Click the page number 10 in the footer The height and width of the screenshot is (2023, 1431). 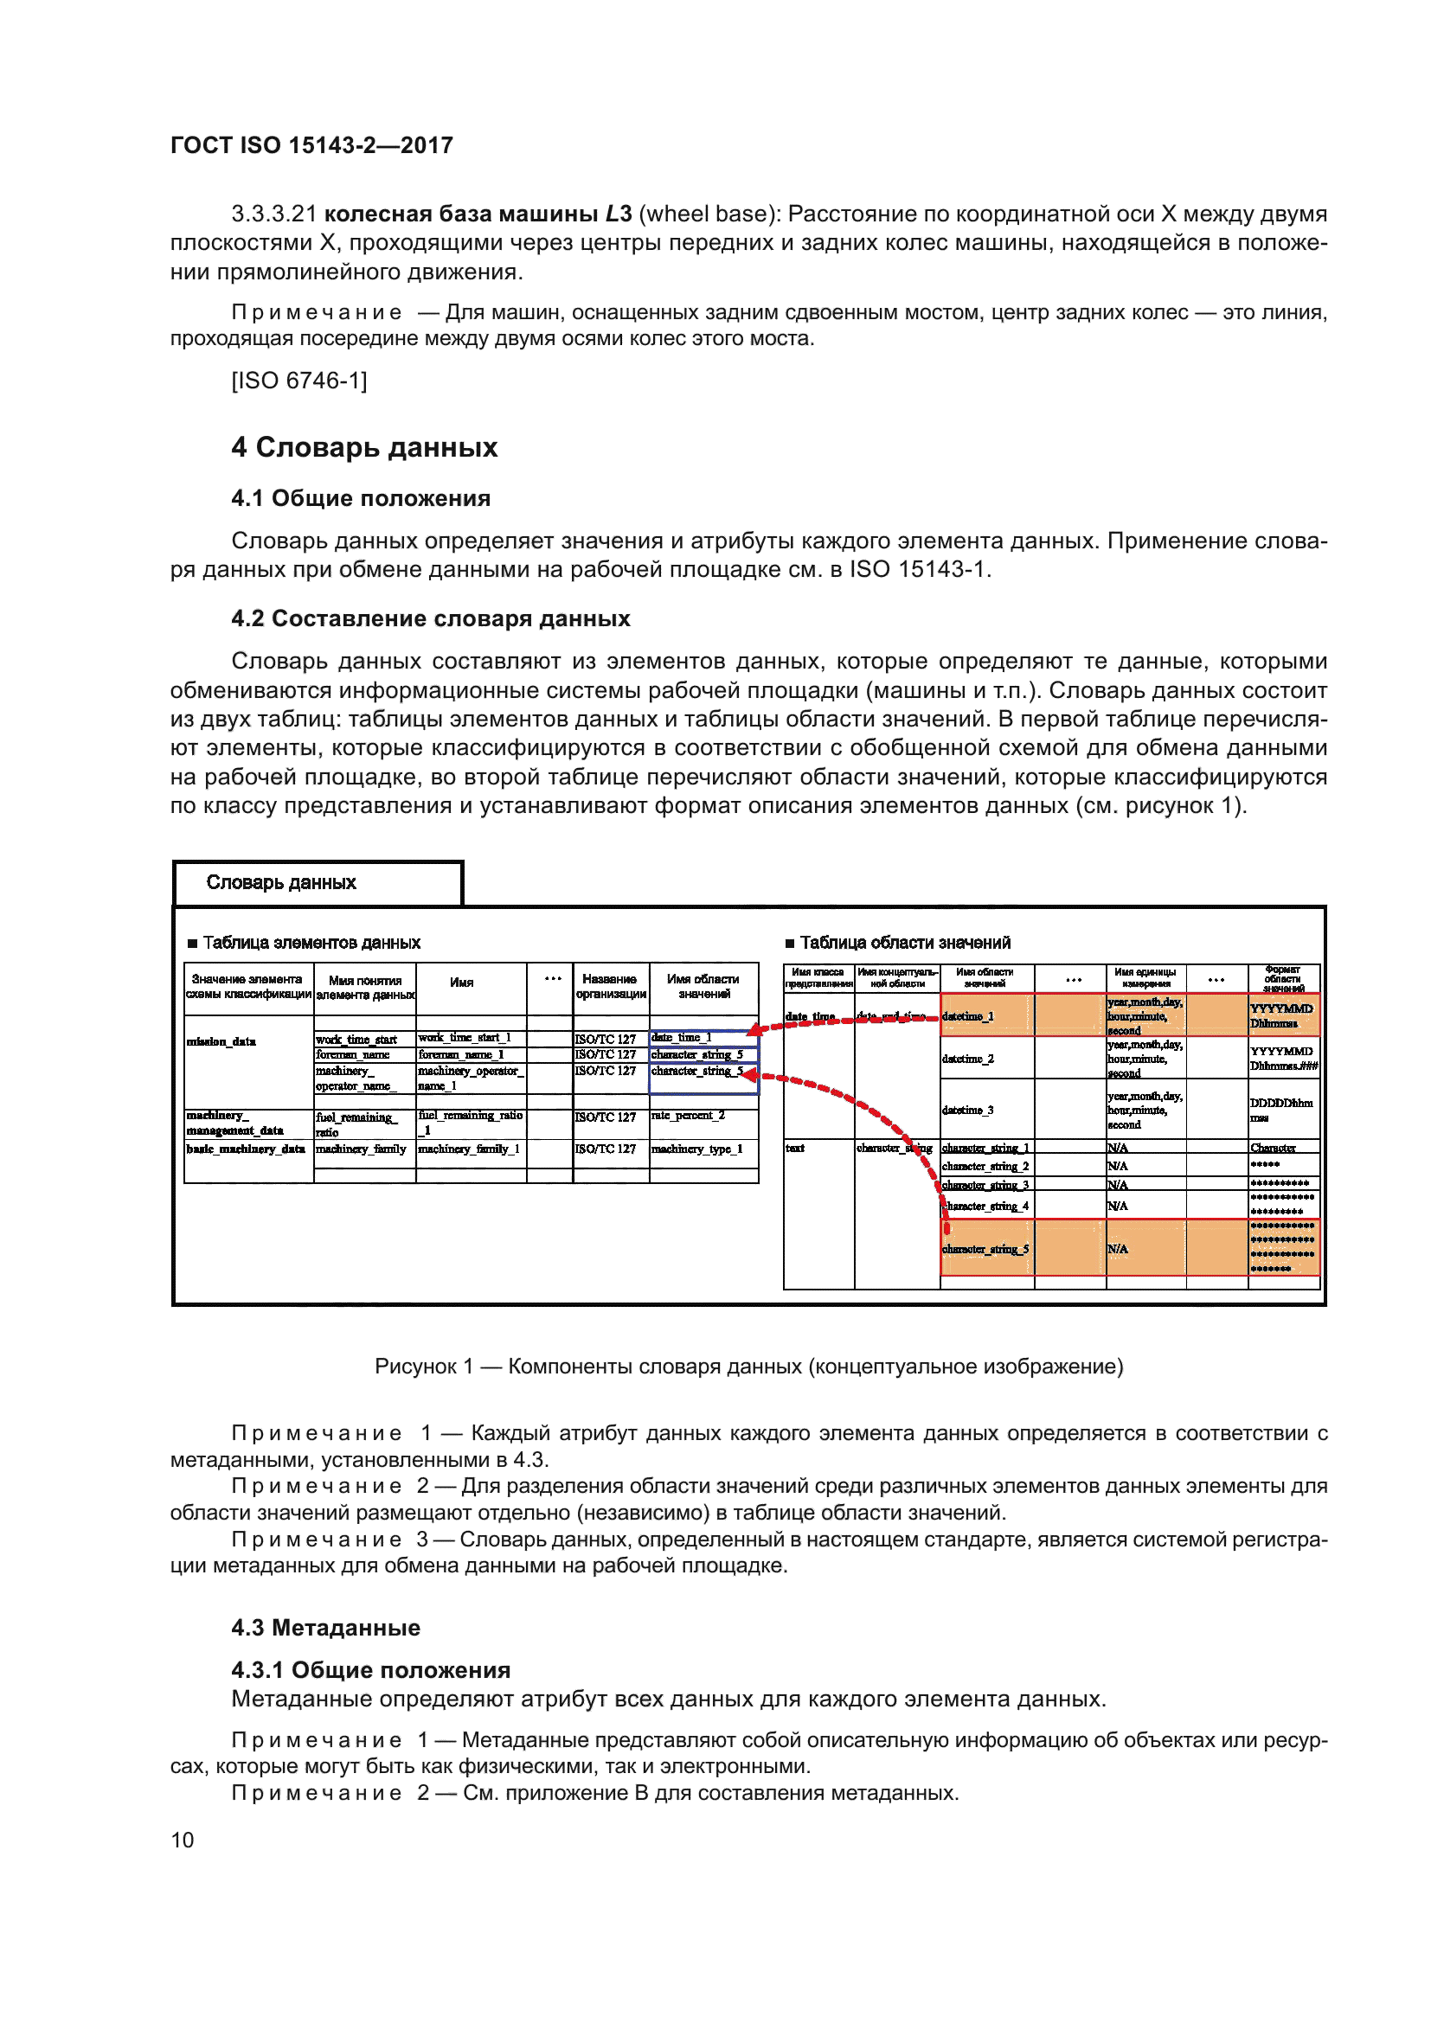[x=183, y=1840]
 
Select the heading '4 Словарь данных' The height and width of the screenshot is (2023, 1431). [x=364, y=448]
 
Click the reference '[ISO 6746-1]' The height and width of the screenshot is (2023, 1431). [x=298, y=381]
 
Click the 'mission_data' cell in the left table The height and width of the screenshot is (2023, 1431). [x=222, y=1041]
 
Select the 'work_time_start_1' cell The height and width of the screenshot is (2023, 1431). [x=465, y=1038]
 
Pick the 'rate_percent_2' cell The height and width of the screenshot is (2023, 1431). [x=688, y=1116]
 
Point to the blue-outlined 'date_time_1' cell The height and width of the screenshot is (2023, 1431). [x=682, y=1038]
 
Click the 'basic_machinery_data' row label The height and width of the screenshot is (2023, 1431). [x=246, y=1149]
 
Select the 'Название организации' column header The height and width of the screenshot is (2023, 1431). [x=610, y=987]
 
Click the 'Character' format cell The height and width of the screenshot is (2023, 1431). [x=1273, y=1148]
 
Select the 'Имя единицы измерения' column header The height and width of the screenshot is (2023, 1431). [x=1145, y=978]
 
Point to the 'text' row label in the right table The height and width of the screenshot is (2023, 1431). [x=796, y=1148]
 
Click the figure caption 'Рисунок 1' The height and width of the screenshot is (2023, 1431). [x=748, y=1367]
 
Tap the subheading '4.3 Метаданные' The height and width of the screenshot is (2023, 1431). [x=325, y=1628]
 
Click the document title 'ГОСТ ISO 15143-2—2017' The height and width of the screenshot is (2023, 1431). [x=312, y=145]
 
